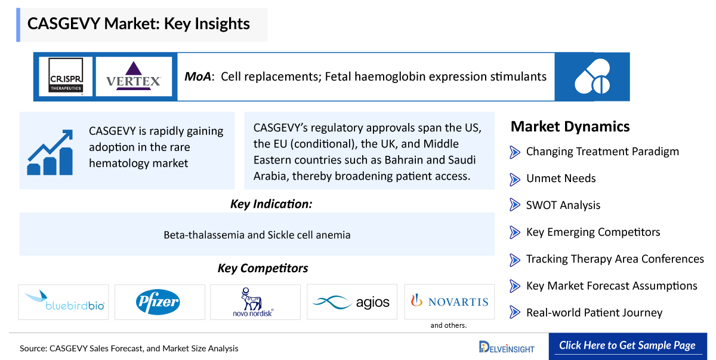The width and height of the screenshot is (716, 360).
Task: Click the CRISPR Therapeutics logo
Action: click(x=66, y=76)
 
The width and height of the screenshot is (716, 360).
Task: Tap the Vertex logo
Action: click(x=134, y=76)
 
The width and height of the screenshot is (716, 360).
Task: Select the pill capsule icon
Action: click(x=592, y=76)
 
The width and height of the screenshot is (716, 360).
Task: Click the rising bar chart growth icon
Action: click(x=50, y=151)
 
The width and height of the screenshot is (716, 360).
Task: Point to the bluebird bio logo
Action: click(x=64, y=301)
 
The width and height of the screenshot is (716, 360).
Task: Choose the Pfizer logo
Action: click(x=159, y=301)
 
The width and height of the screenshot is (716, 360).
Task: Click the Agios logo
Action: click(x=351, y=301)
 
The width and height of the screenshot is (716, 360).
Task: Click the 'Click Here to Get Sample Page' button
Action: click(x=627, y=346)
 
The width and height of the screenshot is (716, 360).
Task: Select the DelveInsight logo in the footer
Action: click(x=507, y=347)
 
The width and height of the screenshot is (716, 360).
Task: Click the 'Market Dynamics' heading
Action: click(x=570, y=127)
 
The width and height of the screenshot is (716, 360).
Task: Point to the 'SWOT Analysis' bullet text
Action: click(x=563, y=205)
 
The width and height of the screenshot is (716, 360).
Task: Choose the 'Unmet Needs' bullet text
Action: click(x=560, y=179)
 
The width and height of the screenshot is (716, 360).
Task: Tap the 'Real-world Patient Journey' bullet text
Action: click(x=594, y=313)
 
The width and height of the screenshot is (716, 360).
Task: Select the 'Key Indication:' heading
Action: click(x=271, y=204)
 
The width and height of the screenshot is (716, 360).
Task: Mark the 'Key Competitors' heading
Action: click(x=263, y=269)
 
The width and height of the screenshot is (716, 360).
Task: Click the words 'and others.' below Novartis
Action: click(x=448, y=325)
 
